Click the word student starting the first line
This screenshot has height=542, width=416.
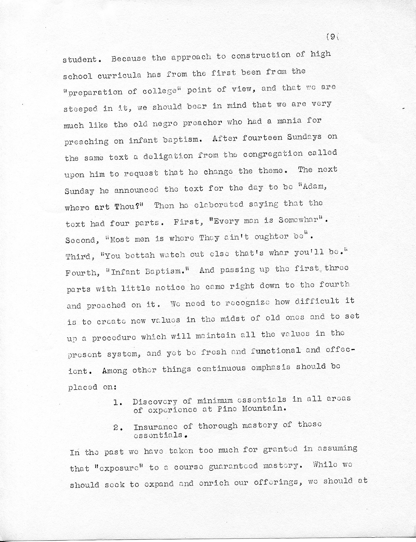tap(80, 59)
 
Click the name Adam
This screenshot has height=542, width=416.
tap(314, 186)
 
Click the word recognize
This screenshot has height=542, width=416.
tap(247, 303)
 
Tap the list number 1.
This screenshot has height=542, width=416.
tap(117, 402)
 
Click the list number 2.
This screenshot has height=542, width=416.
tap(117, 427)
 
